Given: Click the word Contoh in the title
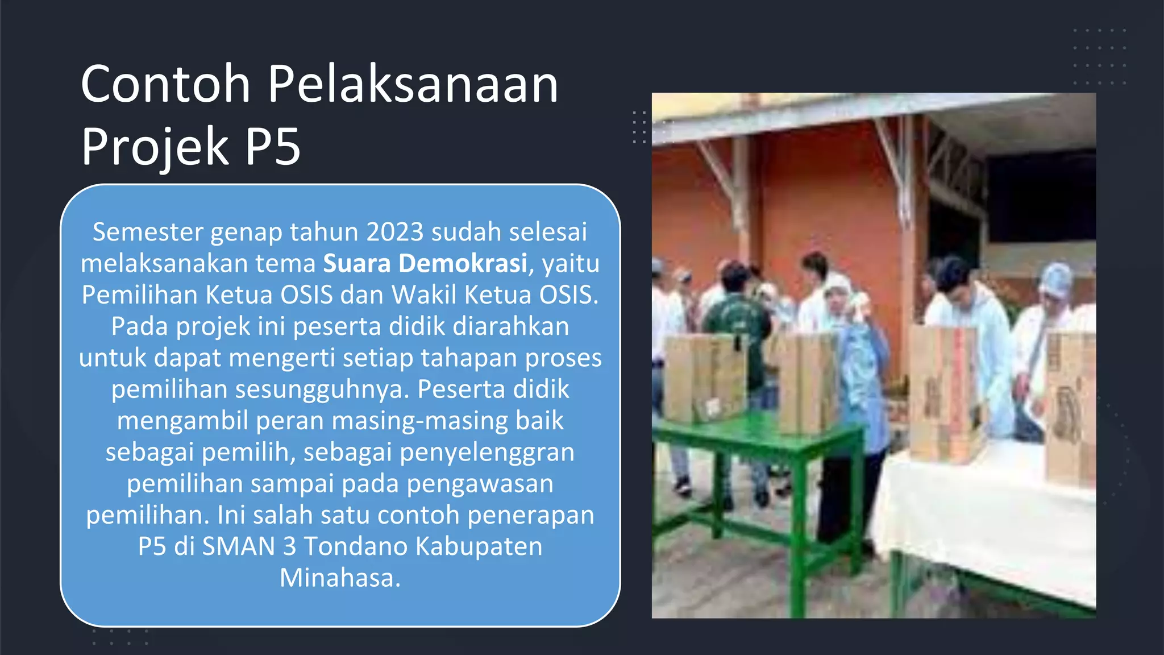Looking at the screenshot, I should coord(165,85).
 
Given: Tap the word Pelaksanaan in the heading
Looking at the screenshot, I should coord(413,85).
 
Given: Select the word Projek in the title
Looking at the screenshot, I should coord(155,147).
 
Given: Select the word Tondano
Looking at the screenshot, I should coord(356,546).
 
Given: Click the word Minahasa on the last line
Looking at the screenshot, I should coord(340,578).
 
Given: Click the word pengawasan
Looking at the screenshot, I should coord(480,483).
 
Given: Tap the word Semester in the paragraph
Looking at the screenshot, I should coord(148,232).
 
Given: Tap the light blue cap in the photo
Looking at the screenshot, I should coord(1056,280).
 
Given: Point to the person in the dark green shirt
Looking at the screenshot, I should coord(738,318).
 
